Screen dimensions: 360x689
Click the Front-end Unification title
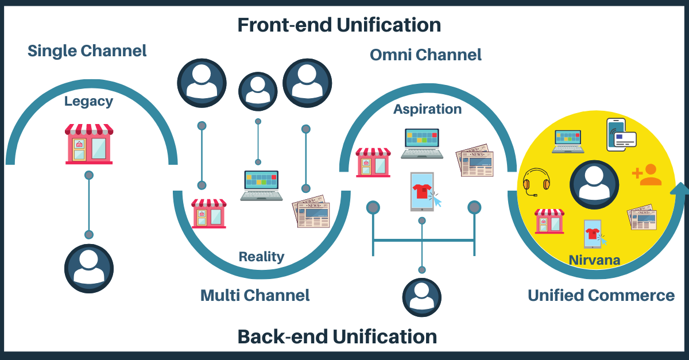[x=339, y=25]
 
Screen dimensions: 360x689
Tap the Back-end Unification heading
[x=337, y=336]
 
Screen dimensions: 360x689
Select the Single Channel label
[x=87, y=51]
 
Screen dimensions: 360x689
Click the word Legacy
[x=88, y=102]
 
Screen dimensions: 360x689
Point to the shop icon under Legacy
[x=89, y=144]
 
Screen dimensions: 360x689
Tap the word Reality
[x=261, y=256]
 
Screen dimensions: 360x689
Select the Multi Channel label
[x=255, y=295]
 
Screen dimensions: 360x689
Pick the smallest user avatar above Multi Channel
[x=258, y=90]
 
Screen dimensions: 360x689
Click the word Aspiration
[x=427, y=109]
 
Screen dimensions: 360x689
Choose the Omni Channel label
[x=425, y=55]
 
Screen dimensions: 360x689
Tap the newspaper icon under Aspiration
[x=474, y=160]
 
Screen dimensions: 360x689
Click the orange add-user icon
[x=647, y=175]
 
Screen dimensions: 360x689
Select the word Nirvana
[x=594, y=260]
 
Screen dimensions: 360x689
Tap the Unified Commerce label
[x=601, y=295]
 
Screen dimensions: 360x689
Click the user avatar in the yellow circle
[x=594, y=185]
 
